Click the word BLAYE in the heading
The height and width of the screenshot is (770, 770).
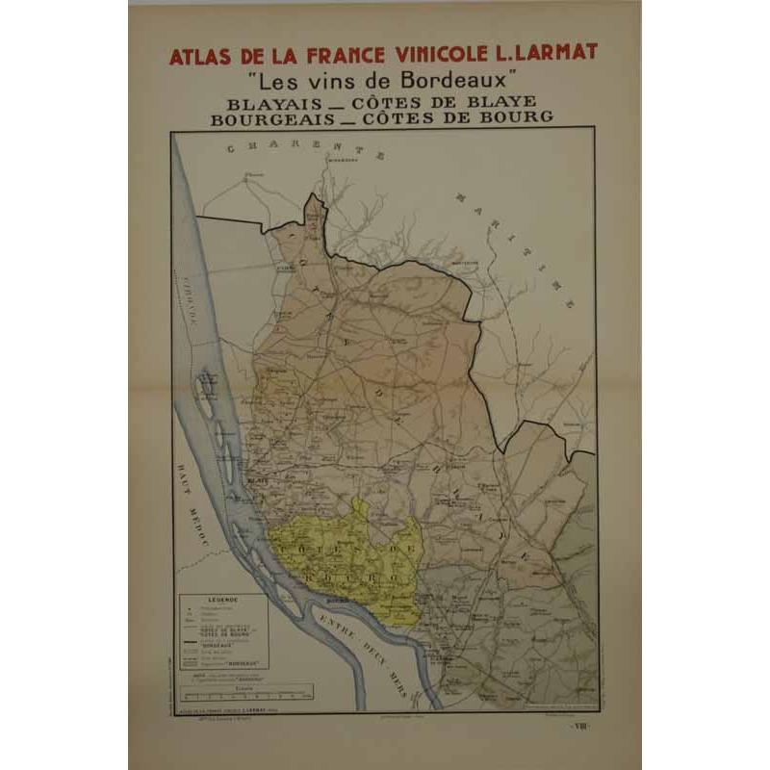(500, 101)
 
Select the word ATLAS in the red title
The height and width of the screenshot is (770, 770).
(197, 56)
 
